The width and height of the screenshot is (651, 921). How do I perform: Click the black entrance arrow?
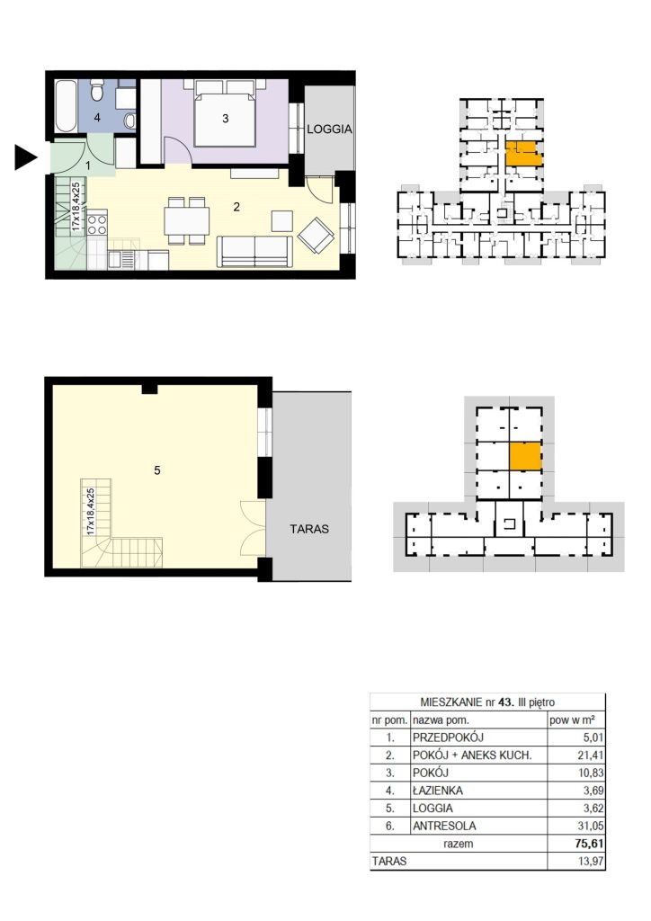click(25, 157)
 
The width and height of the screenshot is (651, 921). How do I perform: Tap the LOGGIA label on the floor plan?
click(329, 130)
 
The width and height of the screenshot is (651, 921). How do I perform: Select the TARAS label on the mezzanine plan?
click(309, 529)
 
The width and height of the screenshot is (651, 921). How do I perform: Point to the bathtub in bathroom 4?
click(67, 106)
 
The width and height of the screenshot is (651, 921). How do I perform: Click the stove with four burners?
click(97, 223)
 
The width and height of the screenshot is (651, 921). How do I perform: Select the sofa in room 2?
click(254, 251)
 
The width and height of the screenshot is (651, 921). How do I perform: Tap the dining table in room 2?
click(187, 221)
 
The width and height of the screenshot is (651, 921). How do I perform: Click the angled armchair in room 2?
click(317, 236)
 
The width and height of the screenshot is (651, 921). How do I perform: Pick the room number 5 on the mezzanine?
click(156, 469)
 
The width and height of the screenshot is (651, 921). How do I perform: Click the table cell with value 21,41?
click(591, 756)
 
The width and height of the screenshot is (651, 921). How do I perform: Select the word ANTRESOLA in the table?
click(444, 826)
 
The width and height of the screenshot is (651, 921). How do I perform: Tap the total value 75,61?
click(589, 844)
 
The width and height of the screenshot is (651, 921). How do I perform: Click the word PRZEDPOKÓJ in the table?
click(448, 738)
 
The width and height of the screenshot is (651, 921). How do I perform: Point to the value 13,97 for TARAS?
click(591, 862)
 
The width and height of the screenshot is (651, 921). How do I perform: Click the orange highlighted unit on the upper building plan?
click(523, 153)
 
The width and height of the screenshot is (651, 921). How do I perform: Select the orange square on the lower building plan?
click(525, 456)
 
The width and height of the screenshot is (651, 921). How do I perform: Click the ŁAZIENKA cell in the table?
click(438, 791)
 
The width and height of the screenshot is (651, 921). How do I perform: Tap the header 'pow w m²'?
click(573, 720)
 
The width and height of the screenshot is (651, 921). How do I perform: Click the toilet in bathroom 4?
click(97, 92)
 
